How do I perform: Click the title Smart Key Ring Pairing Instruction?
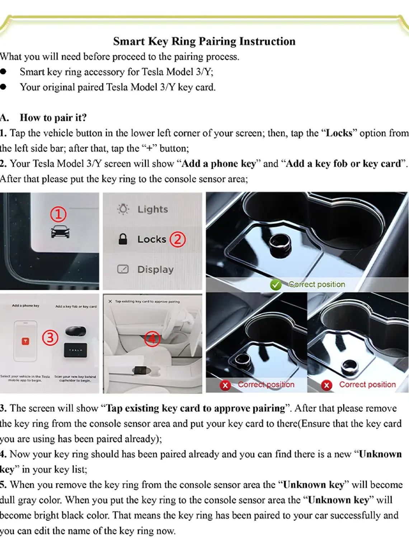coord(204,41)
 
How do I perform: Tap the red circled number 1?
coord(58,214)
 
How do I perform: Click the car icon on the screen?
coord(60,232)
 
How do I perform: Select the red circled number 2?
coord(178,239)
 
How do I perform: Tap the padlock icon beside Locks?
coord(123,239)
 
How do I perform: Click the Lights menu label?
coord(152,209)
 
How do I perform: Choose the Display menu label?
coord(155,269)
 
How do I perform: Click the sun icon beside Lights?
coord(123,209)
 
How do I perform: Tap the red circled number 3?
coord(50,338)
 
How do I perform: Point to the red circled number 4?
coord(152,339)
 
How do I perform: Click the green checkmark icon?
coord(276,285)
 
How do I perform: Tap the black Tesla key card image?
coord(75,350)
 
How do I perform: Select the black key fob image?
coord(76,331)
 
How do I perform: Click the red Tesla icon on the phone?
coord(25,341)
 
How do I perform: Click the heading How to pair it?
coord(53,118)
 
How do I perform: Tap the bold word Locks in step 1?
coord(339,133)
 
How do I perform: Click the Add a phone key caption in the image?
coord(25,306)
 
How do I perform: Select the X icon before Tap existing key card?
coord(110,301)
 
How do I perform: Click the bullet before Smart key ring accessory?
coord(3,71)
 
